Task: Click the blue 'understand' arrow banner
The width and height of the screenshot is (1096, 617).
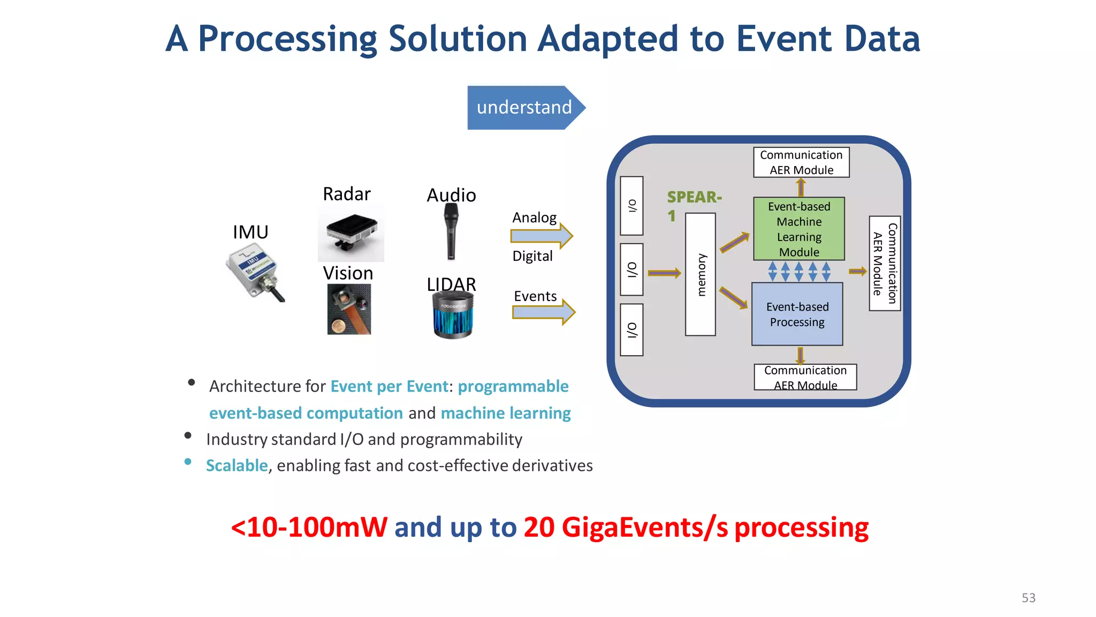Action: click(524, 107)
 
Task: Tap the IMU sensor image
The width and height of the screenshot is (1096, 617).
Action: click(254, 272)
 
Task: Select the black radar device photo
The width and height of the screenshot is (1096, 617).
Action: click(351, 233)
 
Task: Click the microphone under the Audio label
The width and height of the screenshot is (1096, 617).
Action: click(451, 232)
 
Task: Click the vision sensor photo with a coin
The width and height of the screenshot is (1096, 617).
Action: click(349, 310)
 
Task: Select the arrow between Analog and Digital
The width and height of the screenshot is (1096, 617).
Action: click(541, 236)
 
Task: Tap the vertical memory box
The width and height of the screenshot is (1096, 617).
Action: click(700, 274)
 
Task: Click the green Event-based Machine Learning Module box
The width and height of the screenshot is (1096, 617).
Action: click(798, 229)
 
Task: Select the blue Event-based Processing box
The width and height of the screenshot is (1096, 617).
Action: click(797, 314)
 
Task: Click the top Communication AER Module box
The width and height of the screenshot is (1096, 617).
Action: click(801, 162)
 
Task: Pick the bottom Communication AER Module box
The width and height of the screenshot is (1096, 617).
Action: click(805, 377)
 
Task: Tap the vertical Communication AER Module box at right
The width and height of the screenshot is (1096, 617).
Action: click(884, 263)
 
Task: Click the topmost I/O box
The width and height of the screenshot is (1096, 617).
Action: click(631, 206)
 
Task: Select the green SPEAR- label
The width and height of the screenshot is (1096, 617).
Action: click(694, 197)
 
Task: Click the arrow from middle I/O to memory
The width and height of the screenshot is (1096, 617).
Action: click(664, 273)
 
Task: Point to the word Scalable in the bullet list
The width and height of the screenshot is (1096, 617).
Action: click(237, 465)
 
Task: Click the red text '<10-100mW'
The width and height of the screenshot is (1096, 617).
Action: click(309, 527)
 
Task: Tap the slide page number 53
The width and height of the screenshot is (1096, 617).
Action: click(1028, 598)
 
